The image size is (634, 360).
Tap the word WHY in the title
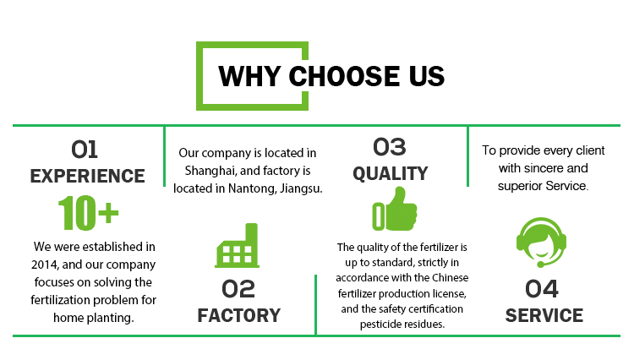click(249, 76)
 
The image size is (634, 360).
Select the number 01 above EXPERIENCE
click(85, 150)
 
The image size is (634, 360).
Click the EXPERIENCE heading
click(87, 176)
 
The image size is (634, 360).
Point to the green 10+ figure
click(89, 213)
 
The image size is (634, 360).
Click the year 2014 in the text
click(45, 265)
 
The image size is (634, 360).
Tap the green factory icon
click(237, 245)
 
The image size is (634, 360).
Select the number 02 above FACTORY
click(238, 289)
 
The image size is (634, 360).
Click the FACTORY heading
click(239, 315)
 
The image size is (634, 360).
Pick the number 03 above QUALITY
click(390, 147)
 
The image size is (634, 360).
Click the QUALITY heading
click(391, 174)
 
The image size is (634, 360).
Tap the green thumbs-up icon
click(395, 209)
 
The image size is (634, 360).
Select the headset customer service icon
click(541, 243)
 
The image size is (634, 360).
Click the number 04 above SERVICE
click(542, 289)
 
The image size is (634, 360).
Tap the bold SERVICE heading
click(544, 315)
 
